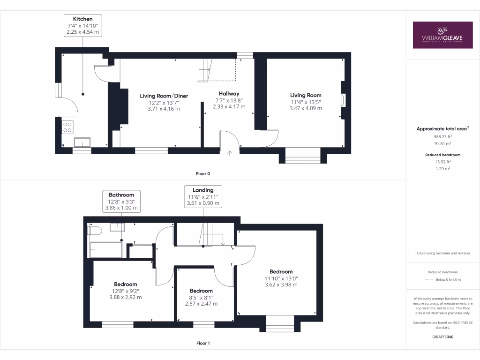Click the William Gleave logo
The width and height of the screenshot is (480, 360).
(x=442, y=35)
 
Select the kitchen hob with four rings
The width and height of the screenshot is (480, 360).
(x=67, y=127)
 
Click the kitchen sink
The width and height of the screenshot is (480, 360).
(x=82, y=142)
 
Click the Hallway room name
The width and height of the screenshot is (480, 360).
(x=229, y=94)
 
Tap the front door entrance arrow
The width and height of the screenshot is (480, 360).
(x=230, y=152)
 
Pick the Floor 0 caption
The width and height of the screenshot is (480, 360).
(x=203, y=173)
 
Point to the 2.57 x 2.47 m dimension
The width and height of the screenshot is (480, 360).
(x=202, y=304)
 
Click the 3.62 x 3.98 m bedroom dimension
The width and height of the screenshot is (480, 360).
(x=281, y=284)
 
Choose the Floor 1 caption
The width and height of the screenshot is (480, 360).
(x=203, y=343)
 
